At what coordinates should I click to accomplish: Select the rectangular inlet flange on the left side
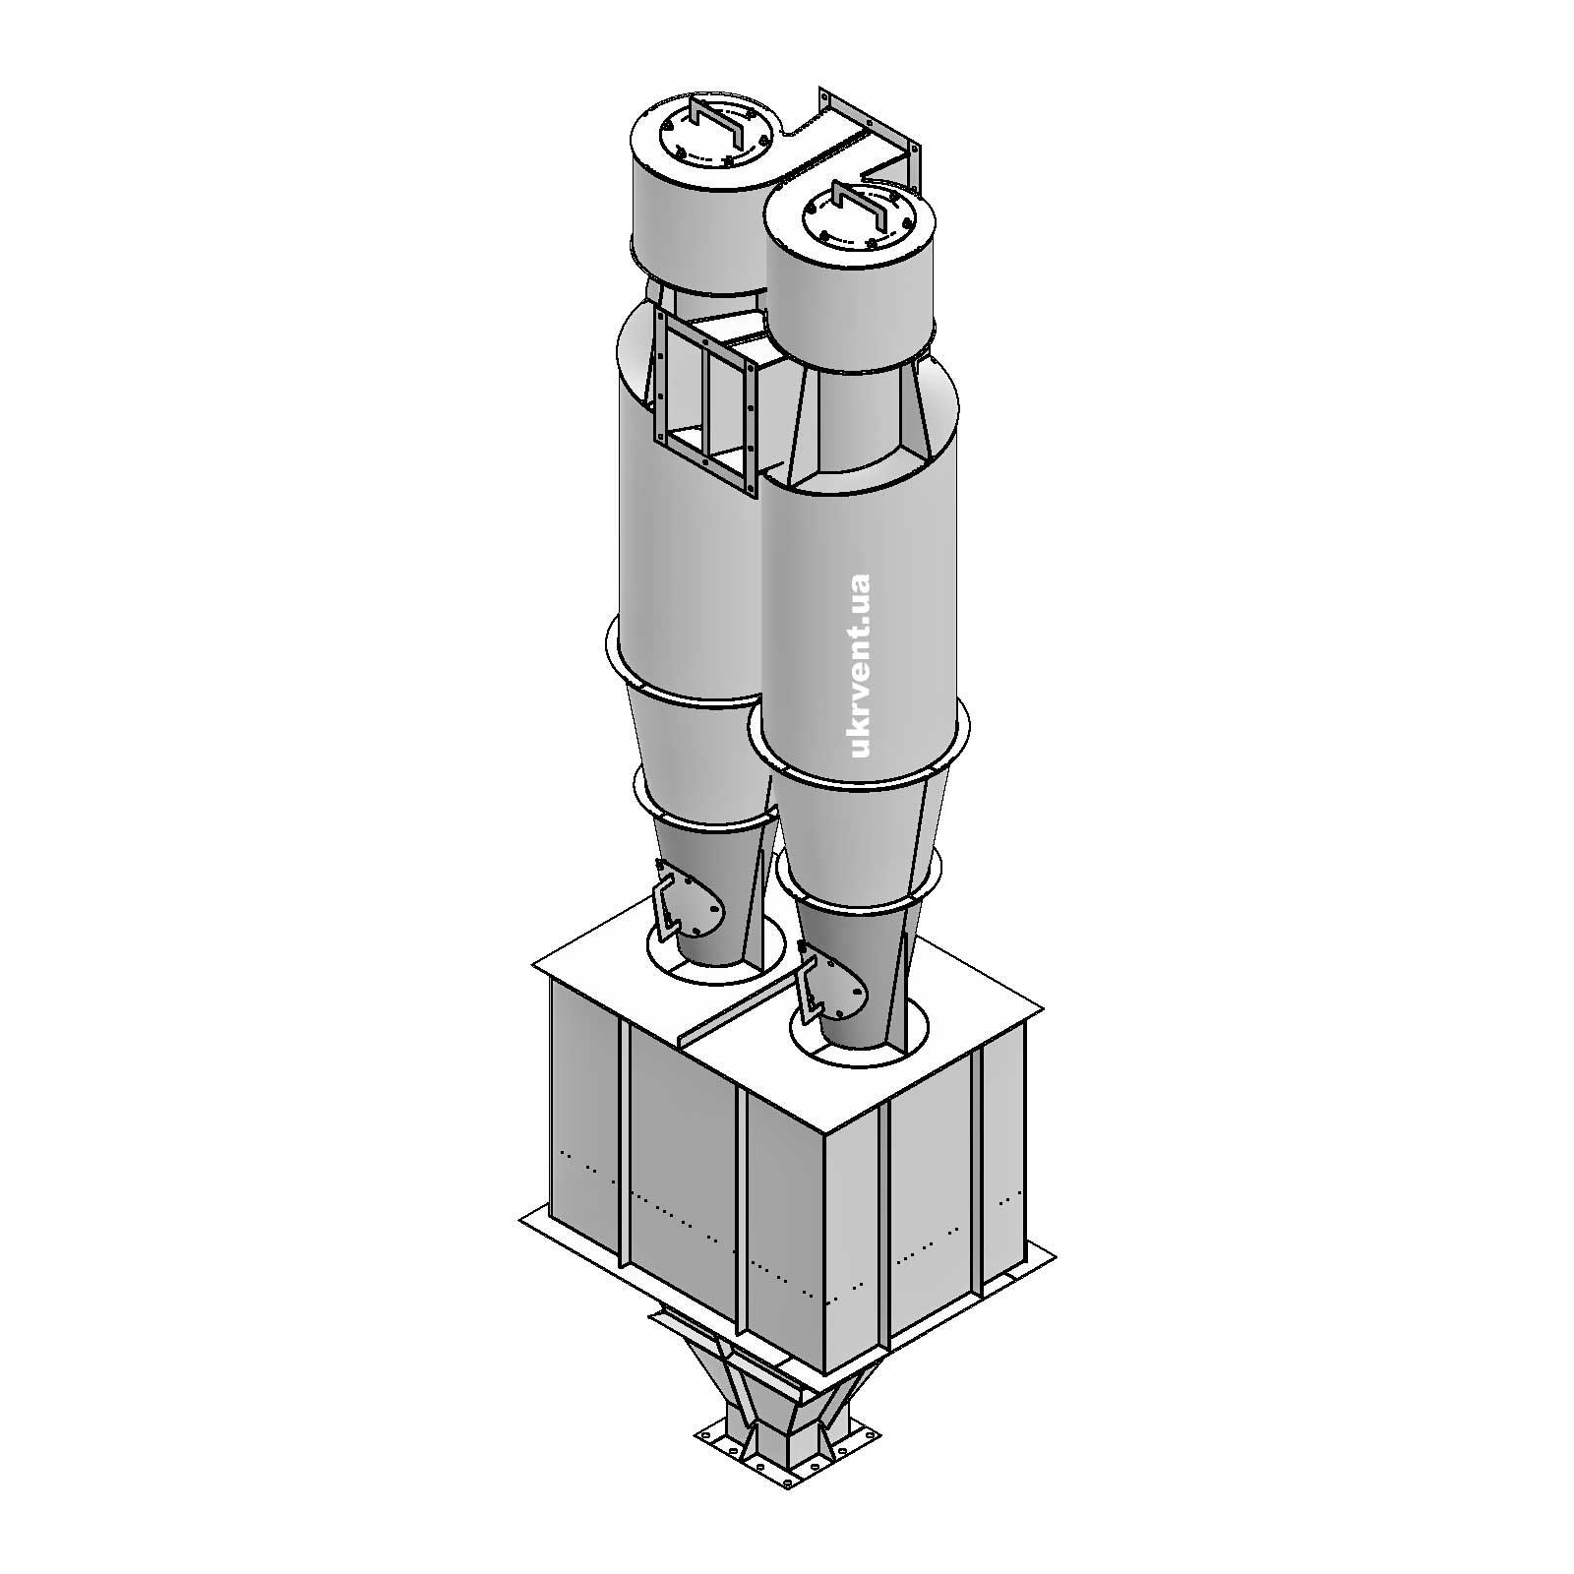(705, 402)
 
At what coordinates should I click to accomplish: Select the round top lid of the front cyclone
(850, 222)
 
